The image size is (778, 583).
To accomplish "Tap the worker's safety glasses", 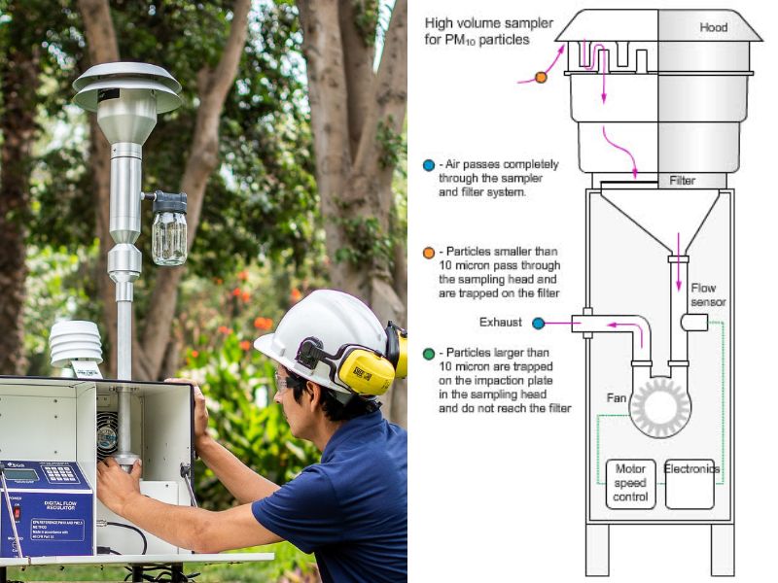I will pyautogui.click(x=283, y=381).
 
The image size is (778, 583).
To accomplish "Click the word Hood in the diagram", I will pyautogui.click(x=714, y=28).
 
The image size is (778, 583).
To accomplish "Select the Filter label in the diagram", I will pyautogui.click(x=683, y=181).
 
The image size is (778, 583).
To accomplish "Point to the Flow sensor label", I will pyautogui.click(x=708, y=294).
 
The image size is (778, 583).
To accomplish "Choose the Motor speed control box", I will pyautogui.click(x=630, y=483).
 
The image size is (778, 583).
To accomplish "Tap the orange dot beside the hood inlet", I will pyautogui.click(x=541, y=77).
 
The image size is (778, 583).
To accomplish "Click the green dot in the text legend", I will pyautogui.click(x=429, y=353).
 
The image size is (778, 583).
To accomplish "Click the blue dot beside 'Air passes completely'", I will pyautogui.click(x=429, y=165).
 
